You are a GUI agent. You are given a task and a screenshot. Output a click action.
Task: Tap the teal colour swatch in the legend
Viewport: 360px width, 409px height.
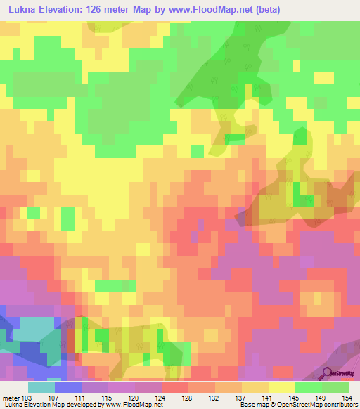point(41,387)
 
